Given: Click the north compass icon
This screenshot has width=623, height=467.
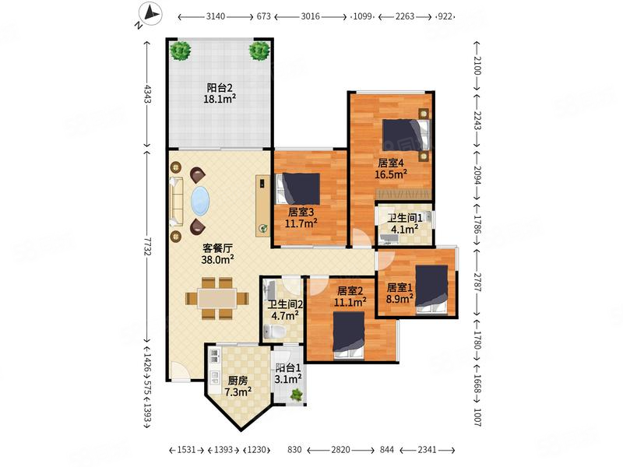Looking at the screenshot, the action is (x=150, y=15).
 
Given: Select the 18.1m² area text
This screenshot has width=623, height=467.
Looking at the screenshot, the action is (x=220, y=99).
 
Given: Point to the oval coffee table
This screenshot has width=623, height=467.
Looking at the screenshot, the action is (x=201, y=201).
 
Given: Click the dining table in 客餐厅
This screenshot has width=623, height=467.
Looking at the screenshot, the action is (x=217, y=298).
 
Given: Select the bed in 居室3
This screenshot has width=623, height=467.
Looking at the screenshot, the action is (x=298, y=188).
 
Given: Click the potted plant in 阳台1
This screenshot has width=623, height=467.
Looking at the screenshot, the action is (x=297, y=395).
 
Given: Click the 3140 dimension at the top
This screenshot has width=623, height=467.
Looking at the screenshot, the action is (x=216, y=16).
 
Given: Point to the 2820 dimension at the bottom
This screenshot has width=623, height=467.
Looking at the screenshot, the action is (x=340, y=450).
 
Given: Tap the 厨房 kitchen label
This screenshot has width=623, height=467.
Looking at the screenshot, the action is (x=238, y=381).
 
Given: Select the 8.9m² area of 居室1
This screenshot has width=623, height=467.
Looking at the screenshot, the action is (x=399, y=298).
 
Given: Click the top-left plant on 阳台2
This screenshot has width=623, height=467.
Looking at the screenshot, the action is (x=181, y=51).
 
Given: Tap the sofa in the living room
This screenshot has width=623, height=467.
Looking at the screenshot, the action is (x=176, y=202).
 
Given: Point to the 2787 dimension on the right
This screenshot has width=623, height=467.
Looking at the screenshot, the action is (x=477, y=282).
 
